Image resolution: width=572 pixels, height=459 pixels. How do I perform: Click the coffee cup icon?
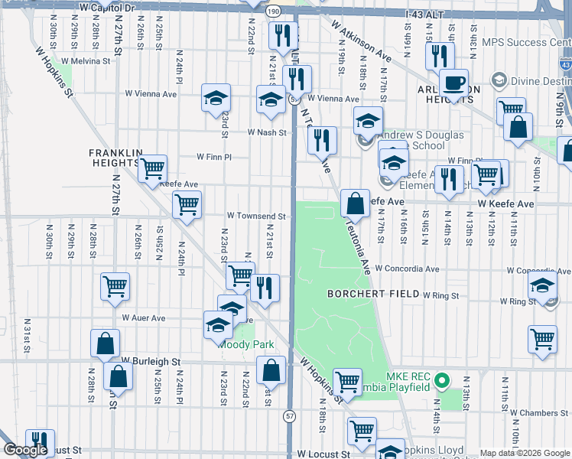tap(453, 83)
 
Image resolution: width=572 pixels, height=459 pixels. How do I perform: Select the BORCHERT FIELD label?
tap(372, 294)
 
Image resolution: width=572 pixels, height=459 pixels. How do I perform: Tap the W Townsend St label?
tap(255, 216)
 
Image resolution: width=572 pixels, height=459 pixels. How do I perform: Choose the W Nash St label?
tap(266, 132)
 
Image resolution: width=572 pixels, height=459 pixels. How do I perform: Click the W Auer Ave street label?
tap(143, 317)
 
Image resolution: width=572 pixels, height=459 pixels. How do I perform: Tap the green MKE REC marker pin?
tap(441, 379)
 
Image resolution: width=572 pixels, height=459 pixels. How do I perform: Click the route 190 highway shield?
tap(274, 11)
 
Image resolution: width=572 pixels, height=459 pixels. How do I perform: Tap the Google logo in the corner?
tap(25, 451)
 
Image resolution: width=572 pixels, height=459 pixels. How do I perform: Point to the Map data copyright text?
tap(524, 453)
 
